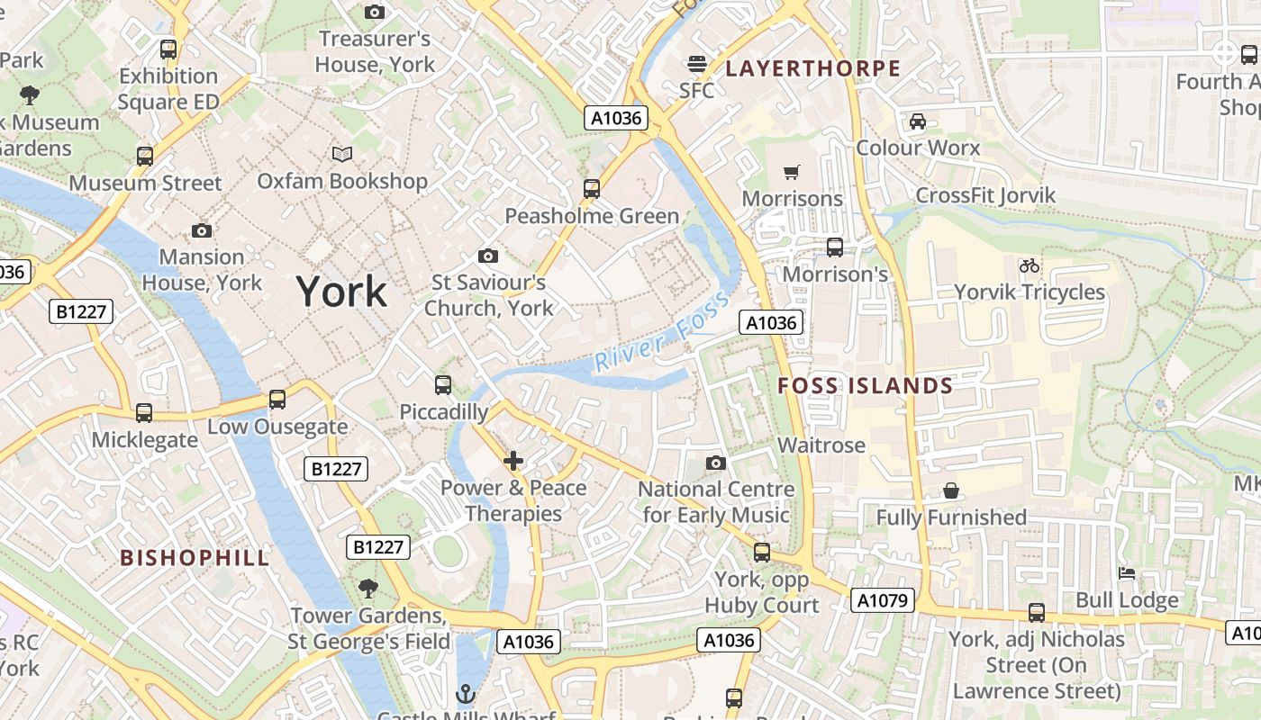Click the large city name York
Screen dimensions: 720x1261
click(x=342, y=292)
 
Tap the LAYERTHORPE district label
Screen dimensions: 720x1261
click(x=812, y=68)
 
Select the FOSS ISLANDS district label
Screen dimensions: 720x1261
click(x=865, y=386)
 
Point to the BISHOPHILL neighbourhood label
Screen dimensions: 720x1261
click(x=195, y=557)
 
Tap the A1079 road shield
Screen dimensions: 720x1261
click(x=882, y=600)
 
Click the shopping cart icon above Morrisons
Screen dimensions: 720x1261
click(x=792, y=172)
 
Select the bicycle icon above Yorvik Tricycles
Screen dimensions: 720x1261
click(x=1030, y=265)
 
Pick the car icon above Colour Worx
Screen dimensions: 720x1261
click(x=918, y=121)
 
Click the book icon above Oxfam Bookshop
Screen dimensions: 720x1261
click(x=342, y=155)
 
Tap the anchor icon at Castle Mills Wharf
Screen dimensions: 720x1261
click(x=466, y=694)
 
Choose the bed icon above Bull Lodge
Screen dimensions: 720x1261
click(x=1126, y=573)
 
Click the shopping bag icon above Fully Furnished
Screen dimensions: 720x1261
click(x=951, y=490)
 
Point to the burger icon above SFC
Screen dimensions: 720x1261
click(x=696, y=63)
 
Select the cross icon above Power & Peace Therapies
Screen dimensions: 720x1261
click(x=513, y=462)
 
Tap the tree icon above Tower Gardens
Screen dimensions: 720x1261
click(x=367, y=589)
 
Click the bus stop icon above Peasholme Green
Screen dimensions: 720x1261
click(x=592, y=189)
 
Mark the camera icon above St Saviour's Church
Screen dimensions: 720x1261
click(x=488, y=256)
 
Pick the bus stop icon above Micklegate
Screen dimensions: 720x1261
click(x=144, y=413)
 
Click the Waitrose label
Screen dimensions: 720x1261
click(x=821, y=445)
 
